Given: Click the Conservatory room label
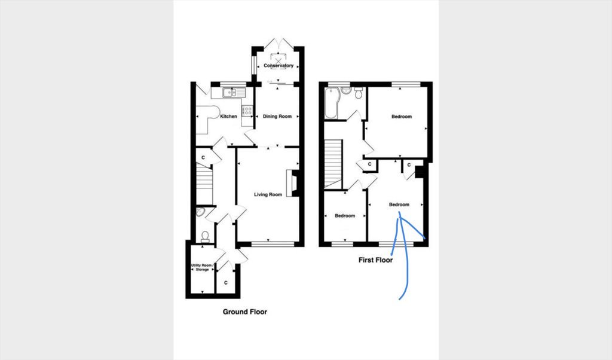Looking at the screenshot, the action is click(279, 66).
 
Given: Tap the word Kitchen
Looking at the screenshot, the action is click(228, 117).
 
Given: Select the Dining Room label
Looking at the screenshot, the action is click(277, 117).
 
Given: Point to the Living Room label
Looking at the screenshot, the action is click(268, 194).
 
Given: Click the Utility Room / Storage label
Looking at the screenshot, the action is click(202, 267).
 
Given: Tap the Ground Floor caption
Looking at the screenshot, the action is click(244, 312).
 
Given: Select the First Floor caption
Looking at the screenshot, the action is click(375, 260).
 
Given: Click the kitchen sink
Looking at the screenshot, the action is click(234, 93).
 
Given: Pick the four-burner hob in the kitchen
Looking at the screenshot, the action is click(247, 111).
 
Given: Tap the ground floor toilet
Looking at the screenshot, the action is click(205, 237).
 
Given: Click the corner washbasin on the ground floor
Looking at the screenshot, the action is click(200, 212).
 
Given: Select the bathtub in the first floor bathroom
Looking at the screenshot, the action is click(331, 103).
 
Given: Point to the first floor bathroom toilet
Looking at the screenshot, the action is click(359, 93).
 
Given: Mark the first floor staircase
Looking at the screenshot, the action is click(333, 164).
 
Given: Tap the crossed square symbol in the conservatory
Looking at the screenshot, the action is click(278, 62).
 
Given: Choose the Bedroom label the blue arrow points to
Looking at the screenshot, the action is click(399, 205).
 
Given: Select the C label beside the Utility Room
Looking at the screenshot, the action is click(226, 282).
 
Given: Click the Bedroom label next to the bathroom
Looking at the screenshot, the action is click(401, 117).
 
